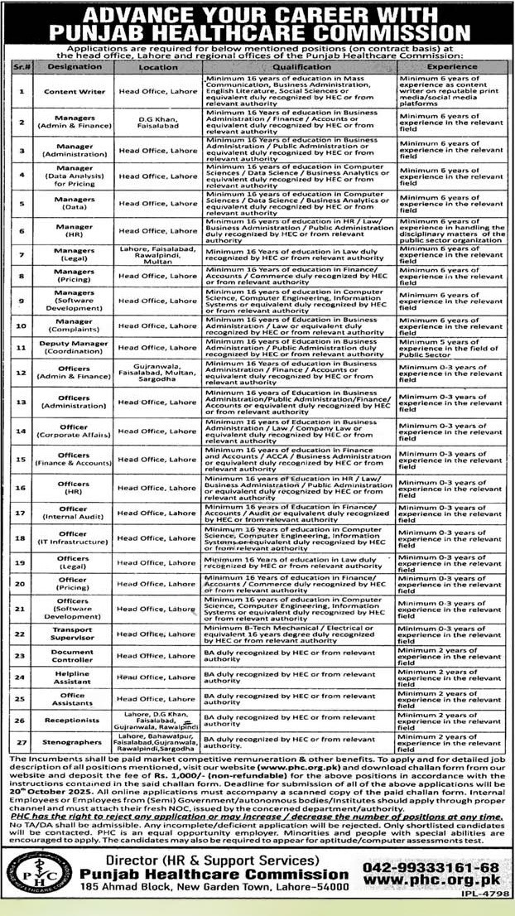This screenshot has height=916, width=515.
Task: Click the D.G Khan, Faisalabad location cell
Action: [157, 122]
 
